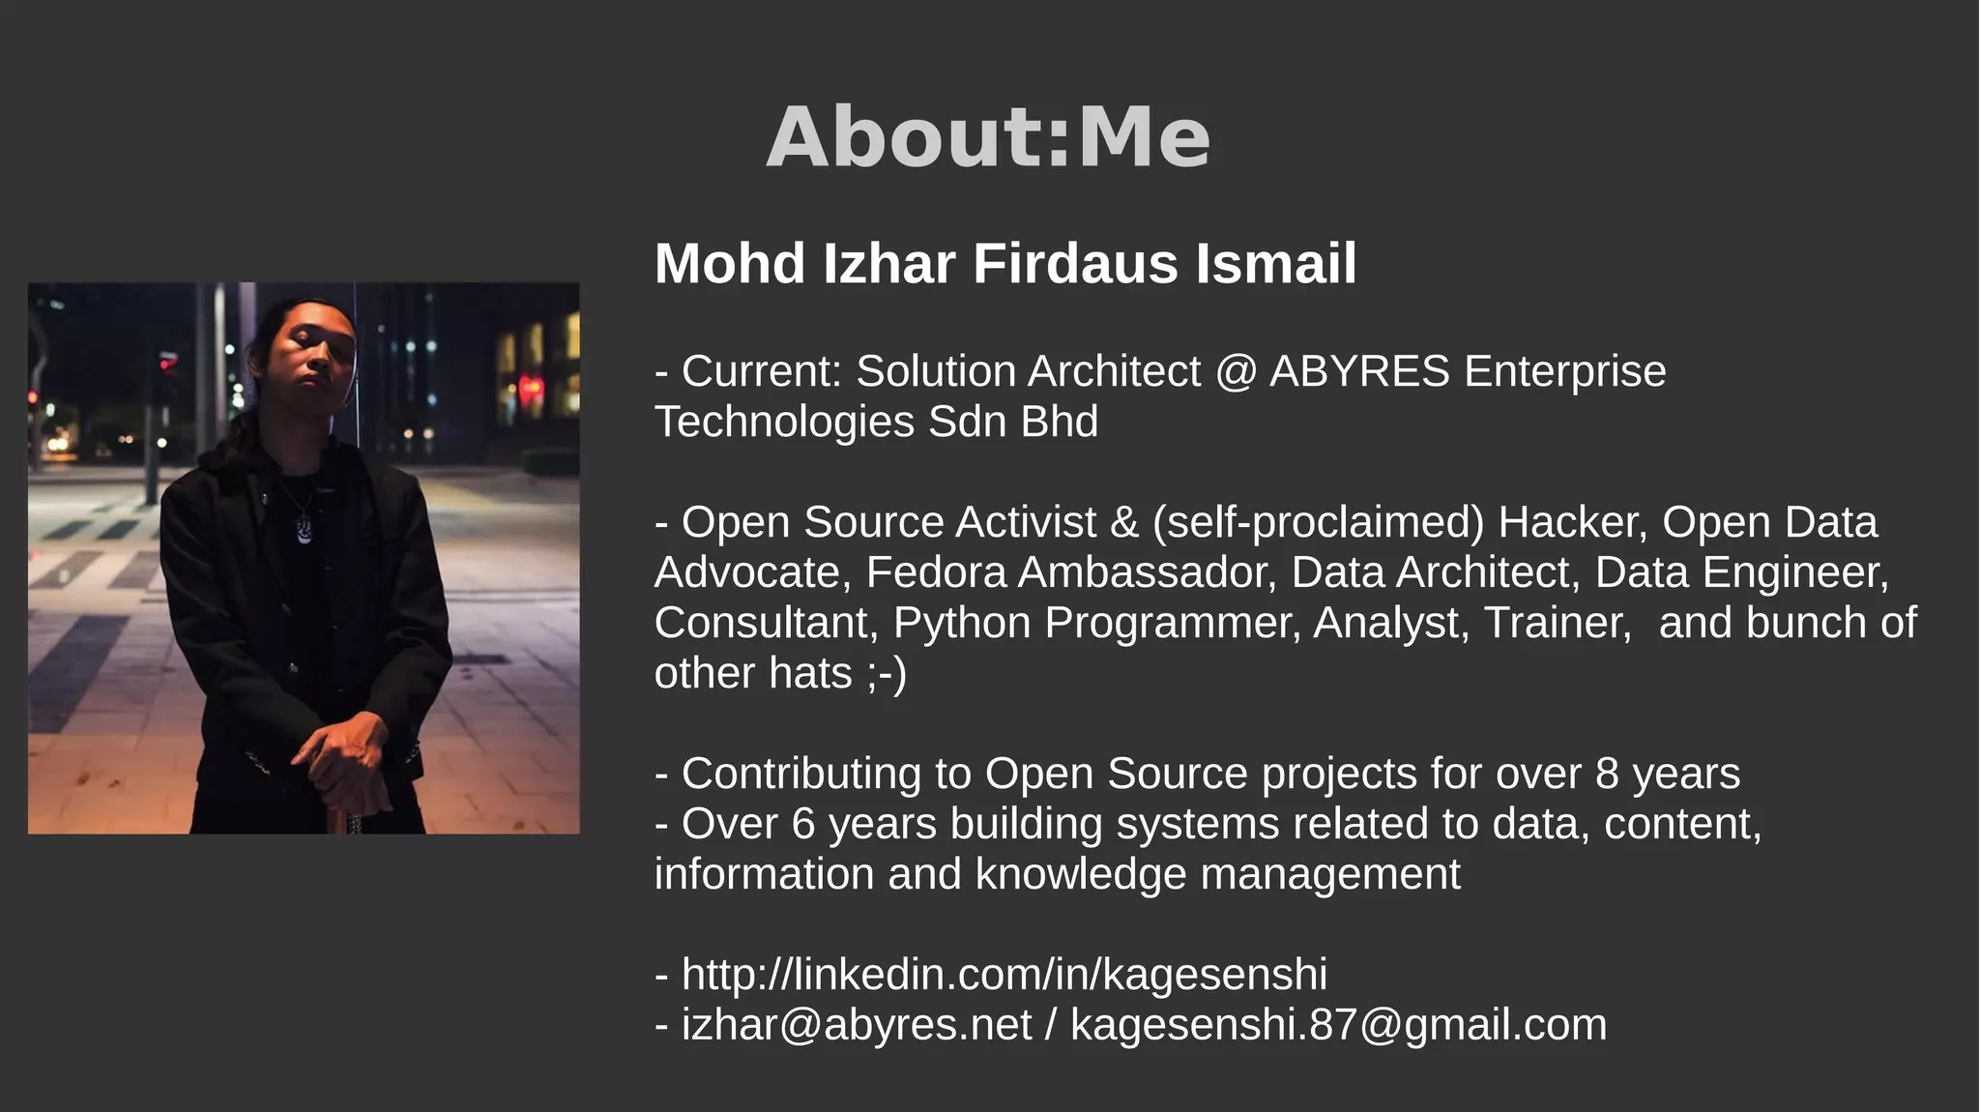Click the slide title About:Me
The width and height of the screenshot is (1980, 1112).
click(988, 137)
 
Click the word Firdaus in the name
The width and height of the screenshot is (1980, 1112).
click(1075, 264)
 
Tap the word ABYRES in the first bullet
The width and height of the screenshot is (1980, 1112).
click(1359, 371)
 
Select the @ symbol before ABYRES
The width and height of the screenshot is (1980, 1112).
click(1235, 372)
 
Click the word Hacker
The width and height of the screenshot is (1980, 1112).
click(1572, 522)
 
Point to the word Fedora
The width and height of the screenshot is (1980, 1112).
click(936, 572)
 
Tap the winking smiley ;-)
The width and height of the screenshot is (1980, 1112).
click(887, 674)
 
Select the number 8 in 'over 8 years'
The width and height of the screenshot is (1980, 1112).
click(1607, 774)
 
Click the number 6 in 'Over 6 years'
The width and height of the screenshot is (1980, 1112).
click(803, 824)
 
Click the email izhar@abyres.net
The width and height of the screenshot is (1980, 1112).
click(856, 1025)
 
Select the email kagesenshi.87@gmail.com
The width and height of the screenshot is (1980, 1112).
click(1338, 1025)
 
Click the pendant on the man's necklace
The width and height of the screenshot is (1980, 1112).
click(305, 531)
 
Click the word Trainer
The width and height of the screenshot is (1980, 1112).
click(1558, 623)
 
